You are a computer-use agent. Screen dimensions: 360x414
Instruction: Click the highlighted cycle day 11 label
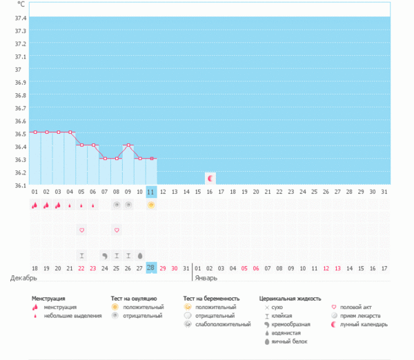click(x=151, y=191)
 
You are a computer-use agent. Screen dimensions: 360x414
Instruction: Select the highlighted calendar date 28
click(x=151, y=268)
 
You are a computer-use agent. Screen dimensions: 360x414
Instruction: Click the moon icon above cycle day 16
click(x=210, y=178)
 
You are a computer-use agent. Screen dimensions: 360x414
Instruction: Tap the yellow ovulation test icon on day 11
click(x=151, y=206)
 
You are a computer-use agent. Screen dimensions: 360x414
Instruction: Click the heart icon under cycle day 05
click(x=81, y=230)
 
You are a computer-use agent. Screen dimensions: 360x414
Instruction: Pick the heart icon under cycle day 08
click(x=117, y=230)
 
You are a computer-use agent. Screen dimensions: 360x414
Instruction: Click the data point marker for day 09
click(x=128, y=146)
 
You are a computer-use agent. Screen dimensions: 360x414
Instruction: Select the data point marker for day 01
click(x=34, y=132)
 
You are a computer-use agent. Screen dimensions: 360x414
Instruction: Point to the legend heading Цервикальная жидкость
click(x=290, y=299)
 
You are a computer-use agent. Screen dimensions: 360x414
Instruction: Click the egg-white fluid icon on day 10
click(x=139, y=254)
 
